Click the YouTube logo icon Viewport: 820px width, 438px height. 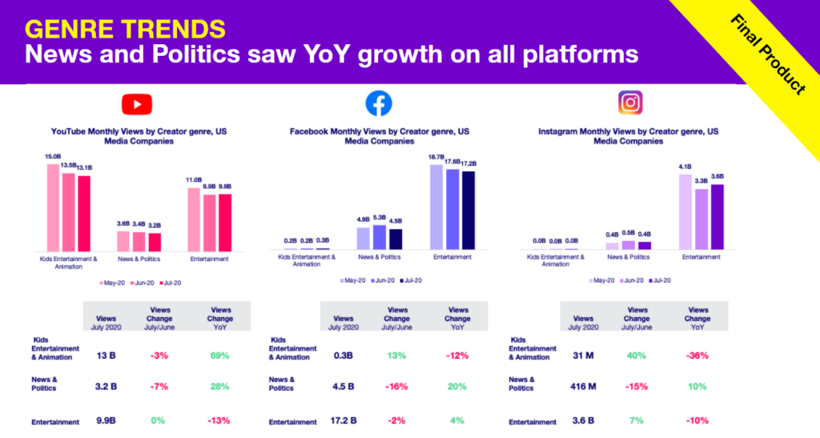pos(137,104)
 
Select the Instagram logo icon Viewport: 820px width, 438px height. pos(629,102)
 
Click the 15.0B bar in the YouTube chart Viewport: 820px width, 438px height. pos(53,207)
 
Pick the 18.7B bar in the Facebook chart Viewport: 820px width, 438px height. pos(436,207)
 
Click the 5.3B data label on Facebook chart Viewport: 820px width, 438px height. pos(379,217)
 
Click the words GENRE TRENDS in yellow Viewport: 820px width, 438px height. pos(124,29)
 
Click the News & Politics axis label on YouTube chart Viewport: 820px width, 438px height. pos(139,259)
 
